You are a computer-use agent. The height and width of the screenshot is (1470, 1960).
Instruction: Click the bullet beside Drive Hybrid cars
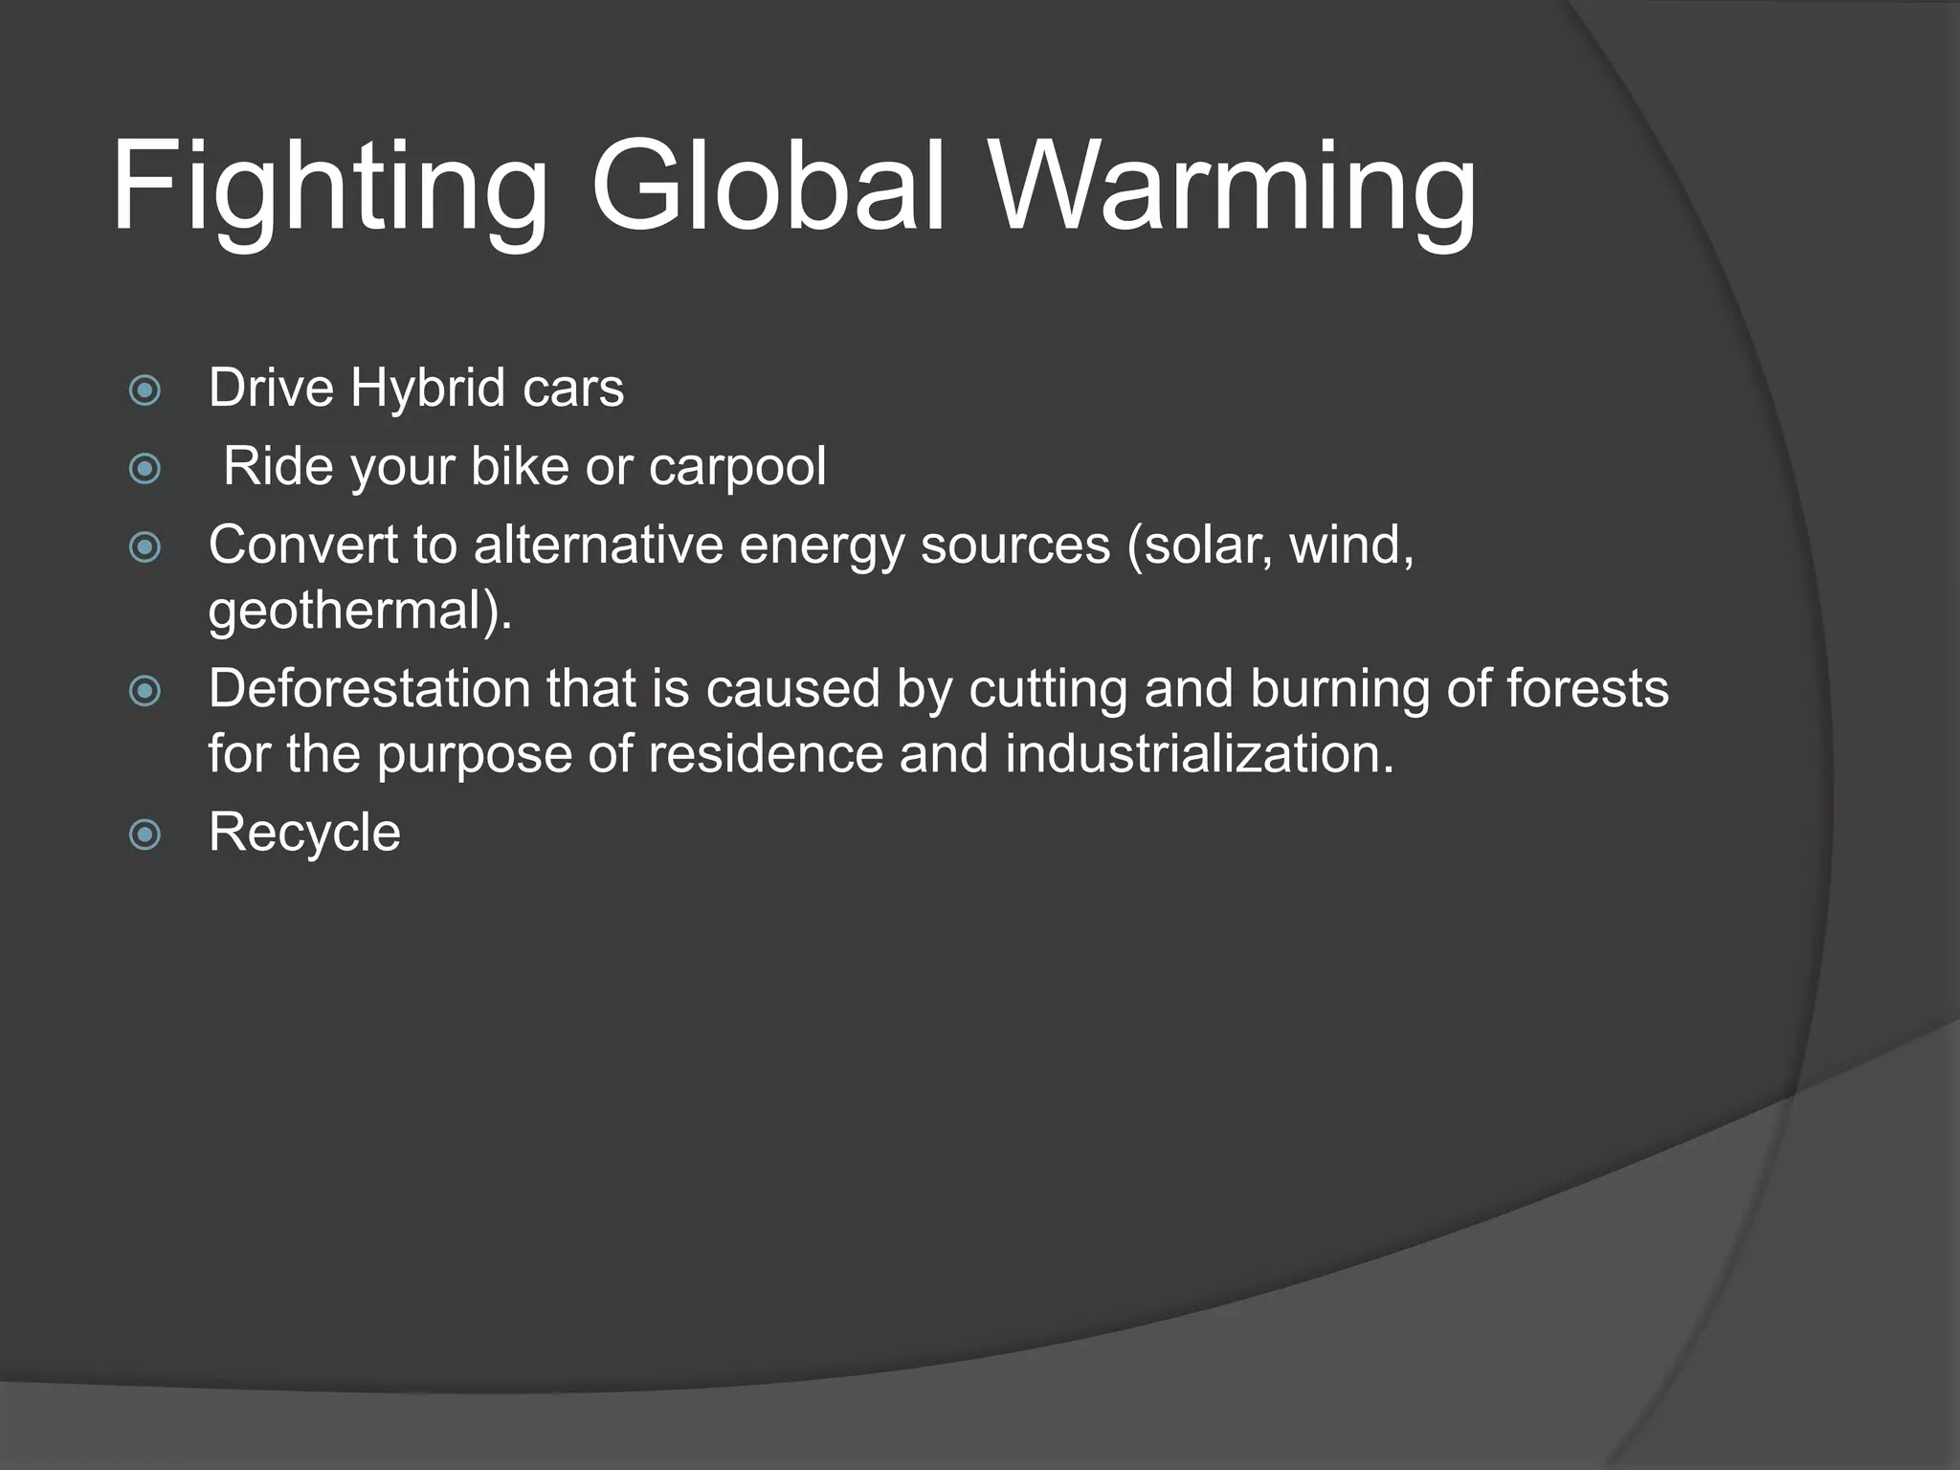coord(145,390)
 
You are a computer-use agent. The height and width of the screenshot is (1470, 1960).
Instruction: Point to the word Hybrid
coord(427,389)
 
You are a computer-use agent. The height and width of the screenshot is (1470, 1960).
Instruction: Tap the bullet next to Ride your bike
coord(145,468)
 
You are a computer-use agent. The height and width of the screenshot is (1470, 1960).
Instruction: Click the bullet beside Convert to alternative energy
coord(145,546)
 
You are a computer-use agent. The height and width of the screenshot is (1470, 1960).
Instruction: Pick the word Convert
coord(302,546)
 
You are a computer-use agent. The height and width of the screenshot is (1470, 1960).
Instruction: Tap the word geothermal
coord(348,611)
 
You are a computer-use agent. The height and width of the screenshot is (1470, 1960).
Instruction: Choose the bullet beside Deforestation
coord(145,690)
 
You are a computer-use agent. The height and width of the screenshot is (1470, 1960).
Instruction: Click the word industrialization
coord(1200,754)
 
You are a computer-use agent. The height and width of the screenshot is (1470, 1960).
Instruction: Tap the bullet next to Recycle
coord(145,834)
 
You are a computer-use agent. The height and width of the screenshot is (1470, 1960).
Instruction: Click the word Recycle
coord(304,833)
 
